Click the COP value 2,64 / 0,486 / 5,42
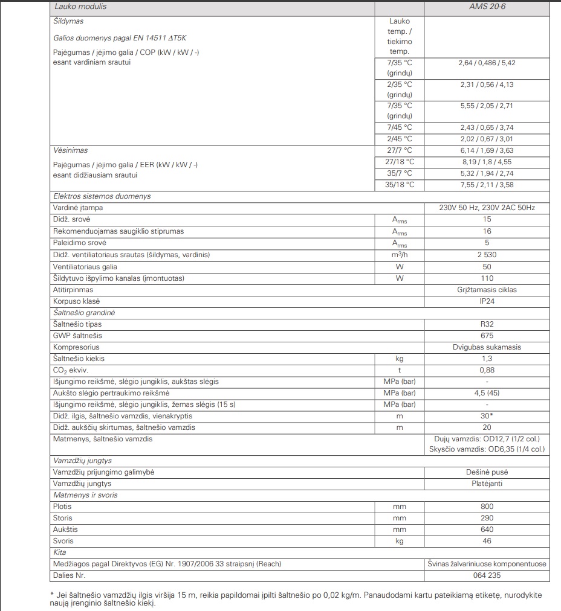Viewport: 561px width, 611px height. [487, 62]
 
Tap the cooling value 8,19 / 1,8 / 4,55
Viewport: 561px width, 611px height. [487, 162]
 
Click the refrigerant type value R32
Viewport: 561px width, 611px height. [487, 324]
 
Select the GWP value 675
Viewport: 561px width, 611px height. [487, 336]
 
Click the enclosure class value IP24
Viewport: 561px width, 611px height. [487, 301]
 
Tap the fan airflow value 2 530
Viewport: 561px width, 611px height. [487, 255]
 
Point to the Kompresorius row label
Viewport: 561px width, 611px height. [76, 347]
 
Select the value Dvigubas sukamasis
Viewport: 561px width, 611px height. [487, 347]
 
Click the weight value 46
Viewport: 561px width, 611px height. [487, 541]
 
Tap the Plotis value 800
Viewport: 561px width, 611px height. [487, 507]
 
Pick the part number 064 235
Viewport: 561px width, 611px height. [487, 575]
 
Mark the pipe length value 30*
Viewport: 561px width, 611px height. [487, 416]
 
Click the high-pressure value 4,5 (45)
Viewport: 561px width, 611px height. [487, 393]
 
